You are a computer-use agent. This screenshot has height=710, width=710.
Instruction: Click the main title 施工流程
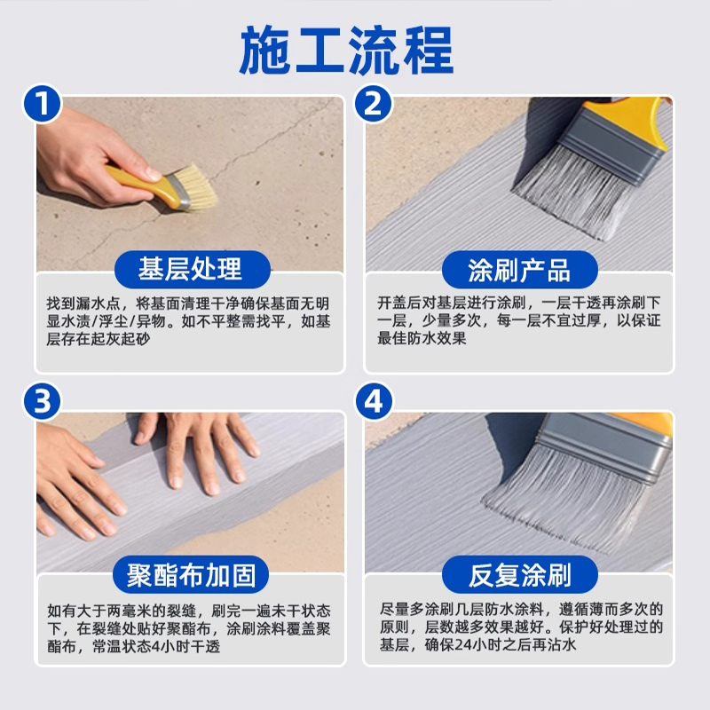(346, 50)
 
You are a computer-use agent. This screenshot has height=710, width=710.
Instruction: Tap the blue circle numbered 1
(42, 104)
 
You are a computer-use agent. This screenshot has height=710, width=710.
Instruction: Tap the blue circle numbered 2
(373, 104)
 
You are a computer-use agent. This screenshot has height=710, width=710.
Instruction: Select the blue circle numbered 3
(42, 401)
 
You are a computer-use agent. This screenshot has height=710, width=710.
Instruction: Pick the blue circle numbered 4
(373, 401)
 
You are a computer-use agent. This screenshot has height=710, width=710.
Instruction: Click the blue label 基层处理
(192, 269)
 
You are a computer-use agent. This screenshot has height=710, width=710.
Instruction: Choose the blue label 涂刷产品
(520, 269)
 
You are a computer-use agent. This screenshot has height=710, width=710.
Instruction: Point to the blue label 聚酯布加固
(191, 574)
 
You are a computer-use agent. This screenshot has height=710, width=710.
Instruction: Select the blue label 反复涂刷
(520, 574)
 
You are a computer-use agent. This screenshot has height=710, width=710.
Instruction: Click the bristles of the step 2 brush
(572, 194)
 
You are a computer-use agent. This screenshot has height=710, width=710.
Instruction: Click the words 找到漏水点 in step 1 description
(83, 304)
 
